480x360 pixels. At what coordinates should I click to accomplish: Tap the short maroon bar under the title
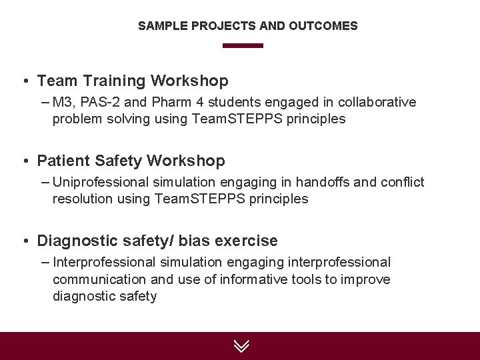243,46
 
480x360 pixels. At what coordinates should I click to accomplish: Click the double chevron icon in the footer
241,345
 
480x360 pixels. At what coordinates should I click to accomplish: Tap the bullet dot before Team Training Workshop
25,81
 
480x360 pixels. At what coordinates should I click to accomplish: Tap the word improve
365,279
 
